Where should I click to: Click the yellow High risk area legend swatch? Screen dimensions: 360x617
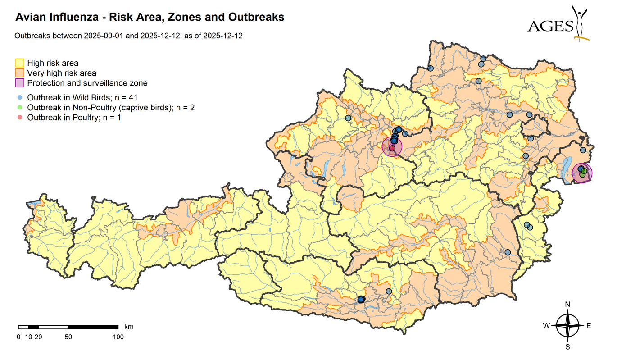point(20,63)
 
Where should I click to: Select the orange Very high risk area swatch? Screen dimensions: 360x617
point(20,73)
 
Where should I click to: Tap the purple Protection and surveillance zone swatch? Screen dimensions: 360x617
point(20,83)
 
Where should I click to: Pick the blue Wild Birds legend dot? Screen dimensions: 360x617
point(19,97)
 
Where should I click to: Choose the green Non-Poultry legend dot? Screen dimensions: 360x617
point(19,107)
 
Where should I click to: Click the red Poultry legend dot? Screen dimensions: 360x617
point(19,118)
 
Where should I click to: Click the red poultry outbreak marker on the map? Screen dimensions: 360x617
point(392,148)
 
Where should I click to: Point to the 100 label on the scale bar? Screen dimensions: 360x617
point(118,337)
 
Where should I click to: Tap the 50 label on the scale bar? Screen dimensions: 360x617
point(68,337)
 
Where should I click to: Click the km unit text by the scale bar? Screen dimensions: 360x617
point(129,326)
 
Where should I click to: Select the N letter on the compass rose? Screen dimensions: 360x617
point(567,305)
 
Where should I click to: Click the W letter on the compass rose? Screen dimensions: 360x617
point(546,326)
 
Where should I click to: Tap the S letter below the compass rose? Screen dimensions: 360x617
point(567,347)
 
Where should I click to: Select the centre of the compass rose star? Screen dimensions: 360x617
point(567,325)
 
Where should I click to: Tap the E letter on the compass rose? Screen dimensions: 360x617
point(589,326)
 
